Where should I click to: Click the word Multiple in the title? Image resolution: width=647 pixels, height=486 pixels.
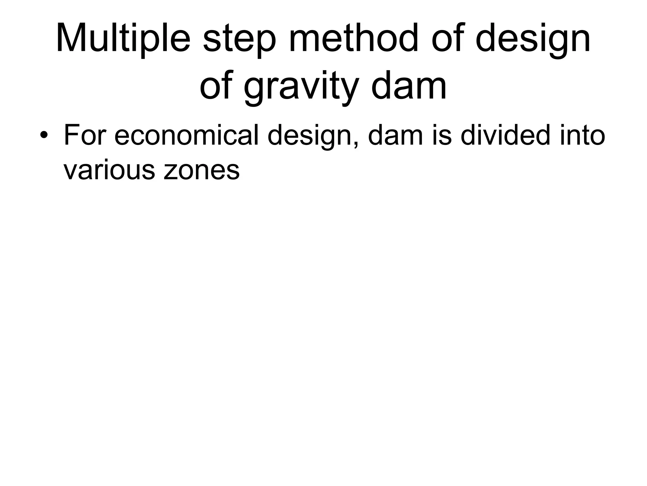[123, 38]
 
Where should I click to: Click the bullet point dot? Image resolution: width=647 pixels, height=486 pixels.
[44, 136]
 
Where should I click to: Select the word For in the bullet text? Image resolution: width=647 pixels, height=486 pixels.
[84, 135]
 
